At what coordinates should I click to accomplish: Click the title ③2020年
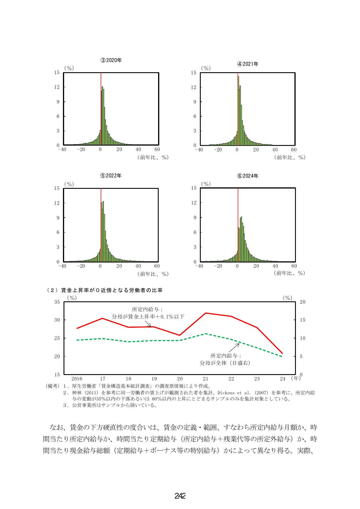tap(111, 60)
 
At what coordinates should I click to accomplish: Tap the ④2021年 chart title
tap(248, 64)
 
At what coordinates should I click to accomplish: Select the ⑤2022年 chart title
tap(111, 176)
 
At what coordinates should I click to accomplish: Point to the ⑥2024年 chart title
tap(248, 176)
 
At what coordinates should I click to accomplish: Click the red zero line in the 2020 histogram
tap(101, 109)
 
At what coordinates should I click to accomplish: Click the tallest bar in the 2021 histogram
tap(238, 111)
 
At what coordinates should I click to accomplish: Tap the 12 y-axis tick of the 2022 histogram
tap(57, 203)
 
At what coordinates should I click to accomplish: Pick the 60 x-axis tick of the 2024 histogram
tap(294, 266)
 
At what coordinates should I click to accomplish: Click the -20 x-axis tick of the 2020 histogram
tap(81, 150)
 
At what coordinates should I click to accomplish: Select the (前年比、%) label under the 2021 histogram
tap(290, 157)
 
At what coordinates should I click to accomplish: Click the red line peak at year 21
tap(205, 313)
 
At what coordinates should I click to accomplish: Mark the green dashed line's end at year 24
tap(282, 356)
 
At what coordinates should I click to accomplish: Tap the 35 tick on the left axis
tap(57, 302)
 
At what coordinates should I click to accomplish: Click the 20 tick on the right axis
tap(303, 302)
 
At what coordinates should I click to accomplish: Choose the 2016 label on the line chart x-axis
tap(77, 379)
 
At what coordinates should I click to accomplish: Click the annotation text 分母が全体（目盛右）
tap(225, 363)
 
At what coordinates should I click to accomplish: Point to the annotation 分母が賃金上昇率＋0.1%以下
tap(148, 317)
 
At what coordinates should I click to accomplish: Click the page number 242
tap(180, 496)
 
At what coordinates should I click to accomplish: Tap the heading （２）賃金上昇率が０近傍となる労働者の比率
tap(104, 290)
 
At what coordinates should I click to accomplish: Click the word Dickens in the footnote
tap(226, 393)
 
